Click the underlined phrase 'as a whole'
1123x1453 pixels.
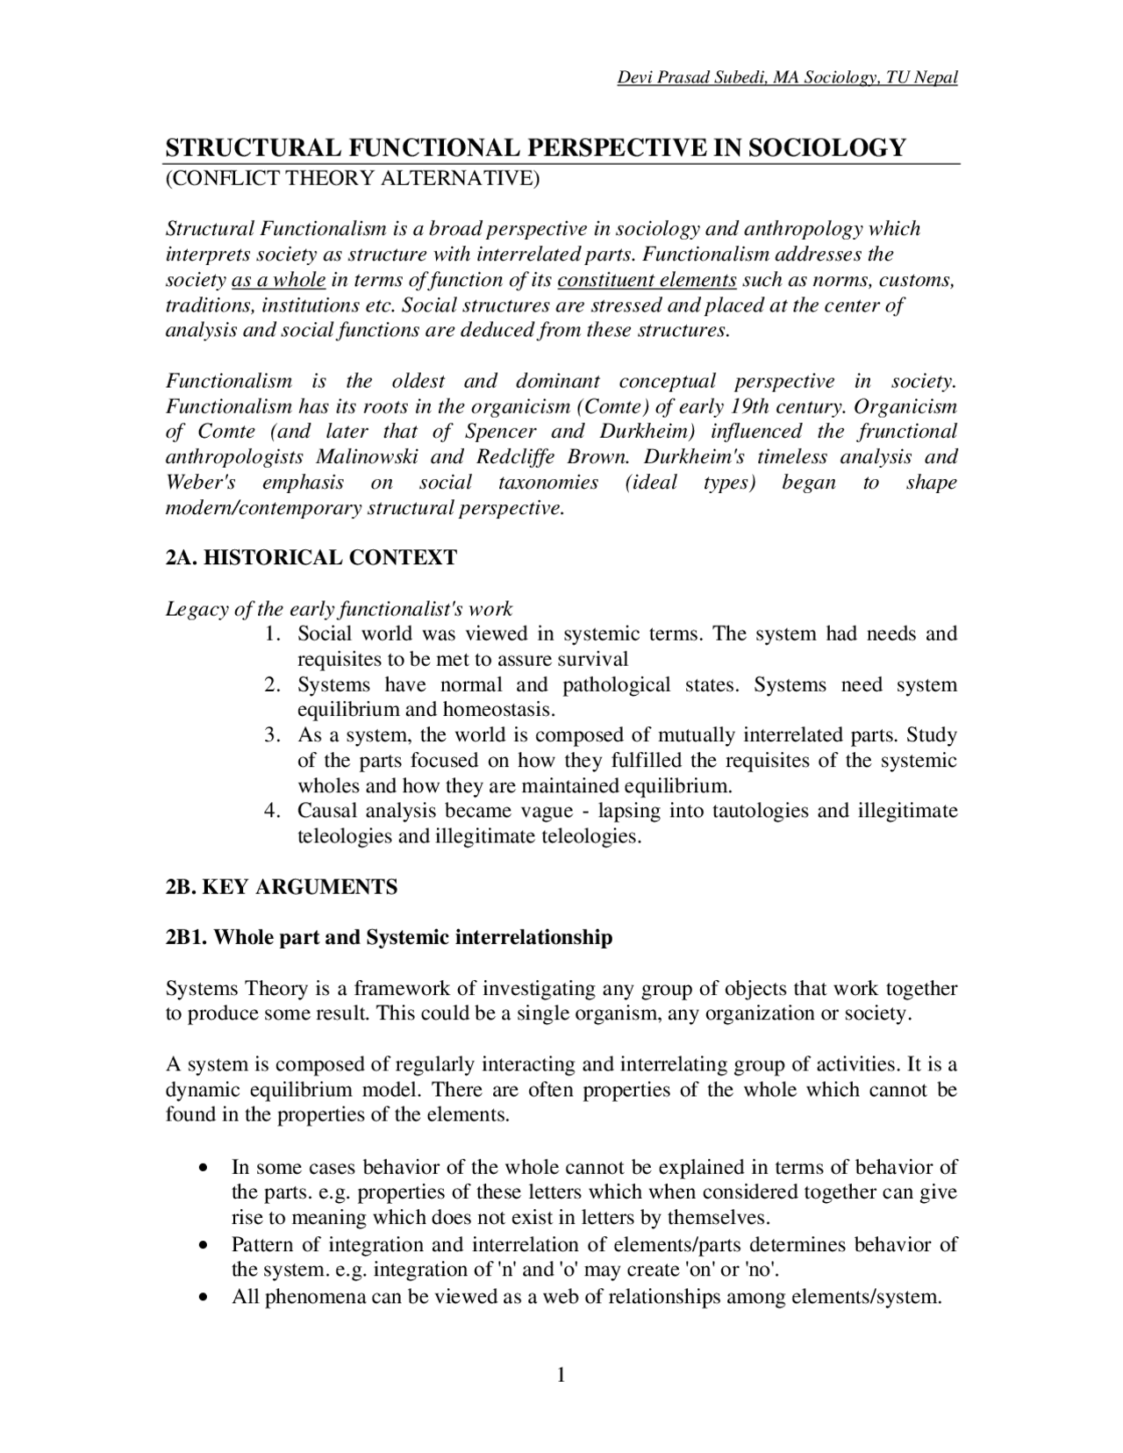278,280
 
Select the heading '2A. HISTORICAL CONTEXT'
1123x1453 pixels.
311,557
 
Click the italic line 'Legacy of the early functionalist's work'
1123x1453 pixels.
340,608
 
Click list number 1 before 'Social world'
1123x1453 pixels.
272,633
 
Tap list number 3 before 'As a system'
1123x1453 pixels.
272,734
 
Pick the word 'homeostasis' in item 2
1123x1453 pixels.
498,709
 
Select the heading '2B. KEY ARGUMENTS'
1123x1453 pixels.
282,887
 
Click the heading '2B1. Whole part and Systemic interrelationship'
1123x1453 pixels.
389,937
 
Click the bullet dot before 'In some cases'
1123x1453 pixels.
204,1169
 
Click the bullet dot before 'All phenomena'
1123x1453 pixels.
204,1297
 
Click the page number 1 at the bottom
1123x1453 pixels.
561,1374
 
